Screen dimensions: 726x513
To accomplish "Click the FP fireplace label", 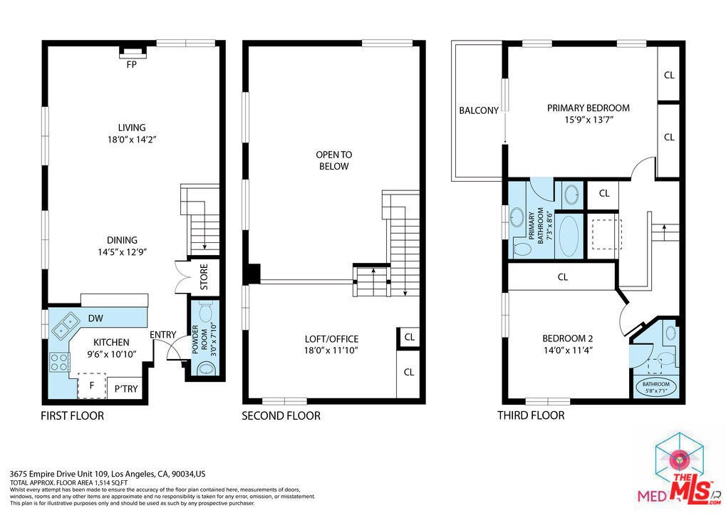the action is (x=132, y=65).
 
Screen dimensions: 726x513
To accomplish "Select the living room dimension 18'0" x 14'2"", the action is (x=132, y=140).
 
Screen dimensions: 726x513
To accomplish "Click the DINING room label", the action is (x=123, y=240).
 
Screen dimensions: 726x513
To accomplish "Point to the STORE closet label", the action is (x=204, y=277).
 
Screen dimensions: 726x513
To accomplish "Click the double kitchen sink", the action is (x=66, y=324).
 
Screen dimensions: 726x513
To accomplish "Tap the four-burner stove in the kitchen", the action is (x=59, y=362).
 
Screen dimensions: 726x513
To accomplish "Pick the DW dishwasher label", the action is (x=95, y=318).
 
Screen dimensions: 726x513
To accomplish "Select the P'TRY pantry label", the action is (x=126, y=389).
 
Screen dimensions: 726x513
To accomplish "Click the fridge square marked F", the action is (x=92, y=385).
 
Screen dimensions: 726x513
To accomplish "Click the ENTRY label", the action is (x=163, y=334).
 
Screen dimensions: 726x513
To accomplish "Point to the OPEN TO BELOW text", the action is (x=334, y=160).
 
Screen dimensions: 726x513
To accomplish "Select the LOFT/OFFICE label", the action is (x=331, y=339).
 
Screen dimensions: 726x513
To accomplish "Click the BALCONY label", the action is (x=479, y=110).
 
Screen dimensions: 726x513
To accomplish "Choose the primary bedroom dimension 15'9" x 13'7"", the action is (x=588, y=120).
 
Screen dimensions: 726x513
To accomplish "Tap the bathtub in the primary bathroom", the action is (x=569, y=236).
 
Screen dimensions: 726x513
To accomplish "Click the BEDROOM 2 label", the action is (x=568, y=338).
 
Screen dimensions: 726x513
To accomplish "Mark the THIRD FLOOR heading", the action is (x=531, y=415).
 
